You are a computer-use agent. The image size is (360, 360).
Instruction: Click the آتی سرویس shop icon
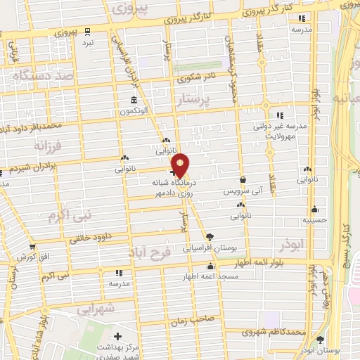243,180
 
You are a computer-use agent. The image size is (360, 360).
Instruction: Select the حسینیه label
314,219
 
